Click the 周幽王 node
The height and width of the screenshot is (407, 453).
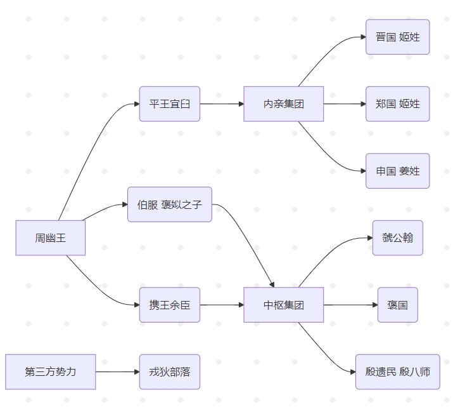tap(51, 238)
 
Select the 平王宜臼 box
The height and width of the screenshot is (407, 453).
tap(170, 103)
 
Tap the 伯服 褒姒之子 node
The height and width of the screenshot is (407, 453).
tap(170, 204)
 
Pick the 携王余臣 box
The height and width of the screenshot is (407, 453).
tap(170, 305)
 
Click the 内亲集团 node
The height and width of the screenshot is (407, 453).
tap(284, 103)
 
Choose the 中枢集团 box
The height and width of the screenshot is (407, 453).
tap(284, 305)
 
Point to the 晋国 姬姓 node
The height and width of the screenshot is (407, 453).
tap(398, 37)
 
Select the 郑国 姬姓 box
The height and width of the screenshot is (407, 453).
tap(398, 103)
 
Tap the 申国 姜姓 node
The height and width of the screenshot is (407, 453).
tap(398, 171)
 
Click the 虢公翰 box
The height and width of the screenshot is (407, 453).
tap(398, 238)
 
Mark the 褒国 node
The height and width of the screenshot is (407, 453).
tap(398, 305)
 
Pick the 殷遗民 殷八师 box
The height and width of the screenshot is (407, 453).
tap(398, 371)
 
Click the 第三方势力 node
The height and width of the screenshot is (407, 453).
tap(51, 371)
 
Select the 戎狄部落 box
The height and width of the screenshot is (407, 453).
tap(170, 371)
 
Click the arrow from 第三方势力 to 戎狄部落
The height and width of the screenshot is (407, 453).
tap(117, 371)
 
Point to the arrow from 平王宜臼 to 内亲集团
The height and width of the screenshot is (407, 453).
tap(222, 103)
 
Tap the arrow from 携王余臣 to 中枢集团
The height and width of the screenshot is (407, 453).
tap(222, 305)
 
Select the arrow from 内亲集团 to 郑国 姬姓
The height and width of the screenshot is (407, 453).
tap(345, 103)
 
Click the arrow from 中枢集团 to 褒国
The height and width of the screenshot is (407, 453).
tap(350, 305)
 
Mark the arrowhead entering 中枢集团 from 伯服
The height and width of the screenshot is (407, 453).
tap(272, 284)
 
